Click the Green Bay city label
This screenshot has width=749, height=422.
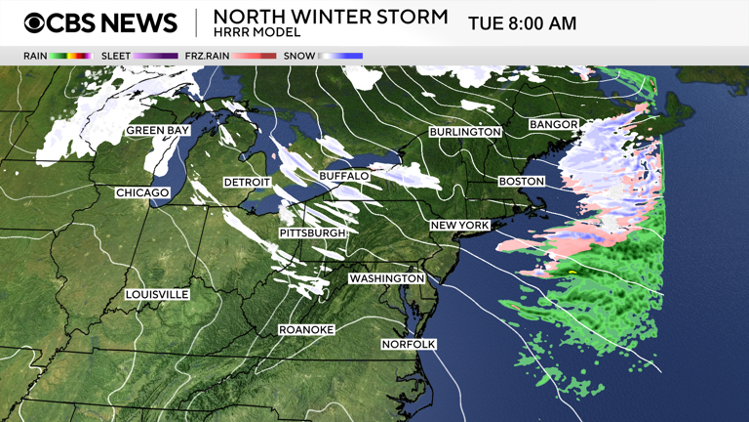(157, 130)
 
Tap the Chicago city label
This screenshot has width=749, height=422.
(142, 192)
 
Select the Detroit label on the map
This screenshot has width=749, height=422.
(247, 183)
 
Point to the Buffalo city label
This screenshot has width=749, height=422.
(344, 176)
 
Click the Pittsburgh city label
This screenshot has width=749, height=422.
(312, 233)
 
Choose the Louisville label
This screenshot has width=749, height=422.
(157, 294)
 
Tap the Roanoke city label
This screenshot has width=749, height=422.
(306, 329)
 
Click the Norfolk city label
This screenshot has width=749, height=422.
(409, 344)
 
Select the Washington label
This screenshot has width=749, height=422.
(387, 278)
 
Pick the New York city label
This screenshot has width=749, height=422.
(459, 226)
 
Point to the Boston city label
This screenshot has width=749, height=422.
(521, 182)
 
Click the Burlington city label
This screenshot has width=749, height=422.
(465, 132)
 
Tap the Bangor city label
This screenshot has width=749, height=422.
(553, 125)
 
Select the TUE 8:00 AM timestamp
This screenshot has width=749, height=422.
(522, 22)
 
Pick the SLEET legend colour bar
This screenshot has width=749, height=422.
(156, 56)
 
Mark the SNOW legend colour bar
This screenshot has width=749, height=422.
(340, 56)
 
